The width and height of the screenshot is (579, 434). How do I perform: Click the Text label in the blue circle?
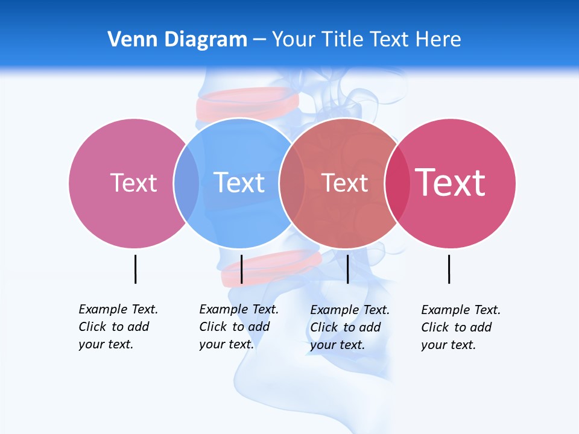(x=239, y=183)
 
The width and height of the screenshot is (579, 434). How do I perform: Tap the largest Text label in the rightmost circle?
(x=450, y=182)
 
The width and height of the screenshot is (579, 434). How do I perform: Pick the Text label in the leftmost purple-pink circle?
(x=133, y=183)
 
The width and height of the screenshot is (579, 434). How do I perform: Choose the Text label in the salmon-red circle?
(x=344, y=183)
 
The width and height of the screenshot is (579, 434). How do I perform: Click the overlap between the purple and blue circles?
(x=186, y=183)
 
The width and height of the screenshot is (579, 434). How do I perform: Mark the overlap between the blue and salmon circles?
(x=292, y=183)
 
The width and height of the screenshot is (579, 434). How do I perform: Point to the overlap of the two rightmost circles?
(x=397, y=183)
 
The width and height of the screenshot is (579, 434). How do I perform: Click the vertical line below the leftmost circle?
(x=135, y=269)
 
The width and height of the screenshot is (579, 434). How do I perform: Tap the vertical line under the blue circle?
(x=241, y=269)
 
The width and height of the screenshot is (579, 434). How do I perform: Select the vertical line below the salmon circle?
(x=347, y=269)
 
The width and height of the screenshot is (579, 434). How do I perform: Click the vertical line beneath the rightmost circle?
(x=449, y=269)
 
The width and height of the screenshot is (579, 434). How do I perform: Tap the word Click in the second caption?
(x=214, y=327)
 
